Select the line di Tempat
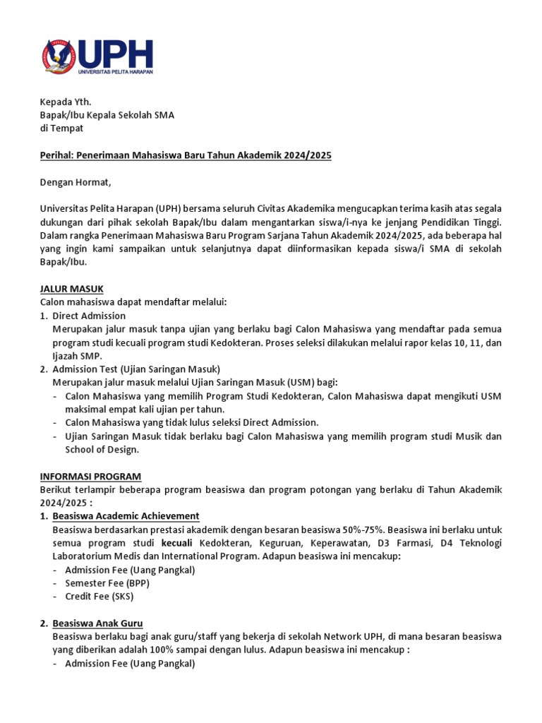coord(61,128)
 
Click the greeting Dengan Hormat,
coord(76,182)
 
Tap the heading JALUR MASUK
coord(71,289)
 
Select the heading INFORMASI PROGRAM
coord(90,476)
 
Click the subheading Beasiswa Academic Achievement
coord(126,515)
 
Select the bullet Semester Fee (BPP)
coord(107,582)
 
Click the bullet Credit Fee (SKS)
coord(99,596)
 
